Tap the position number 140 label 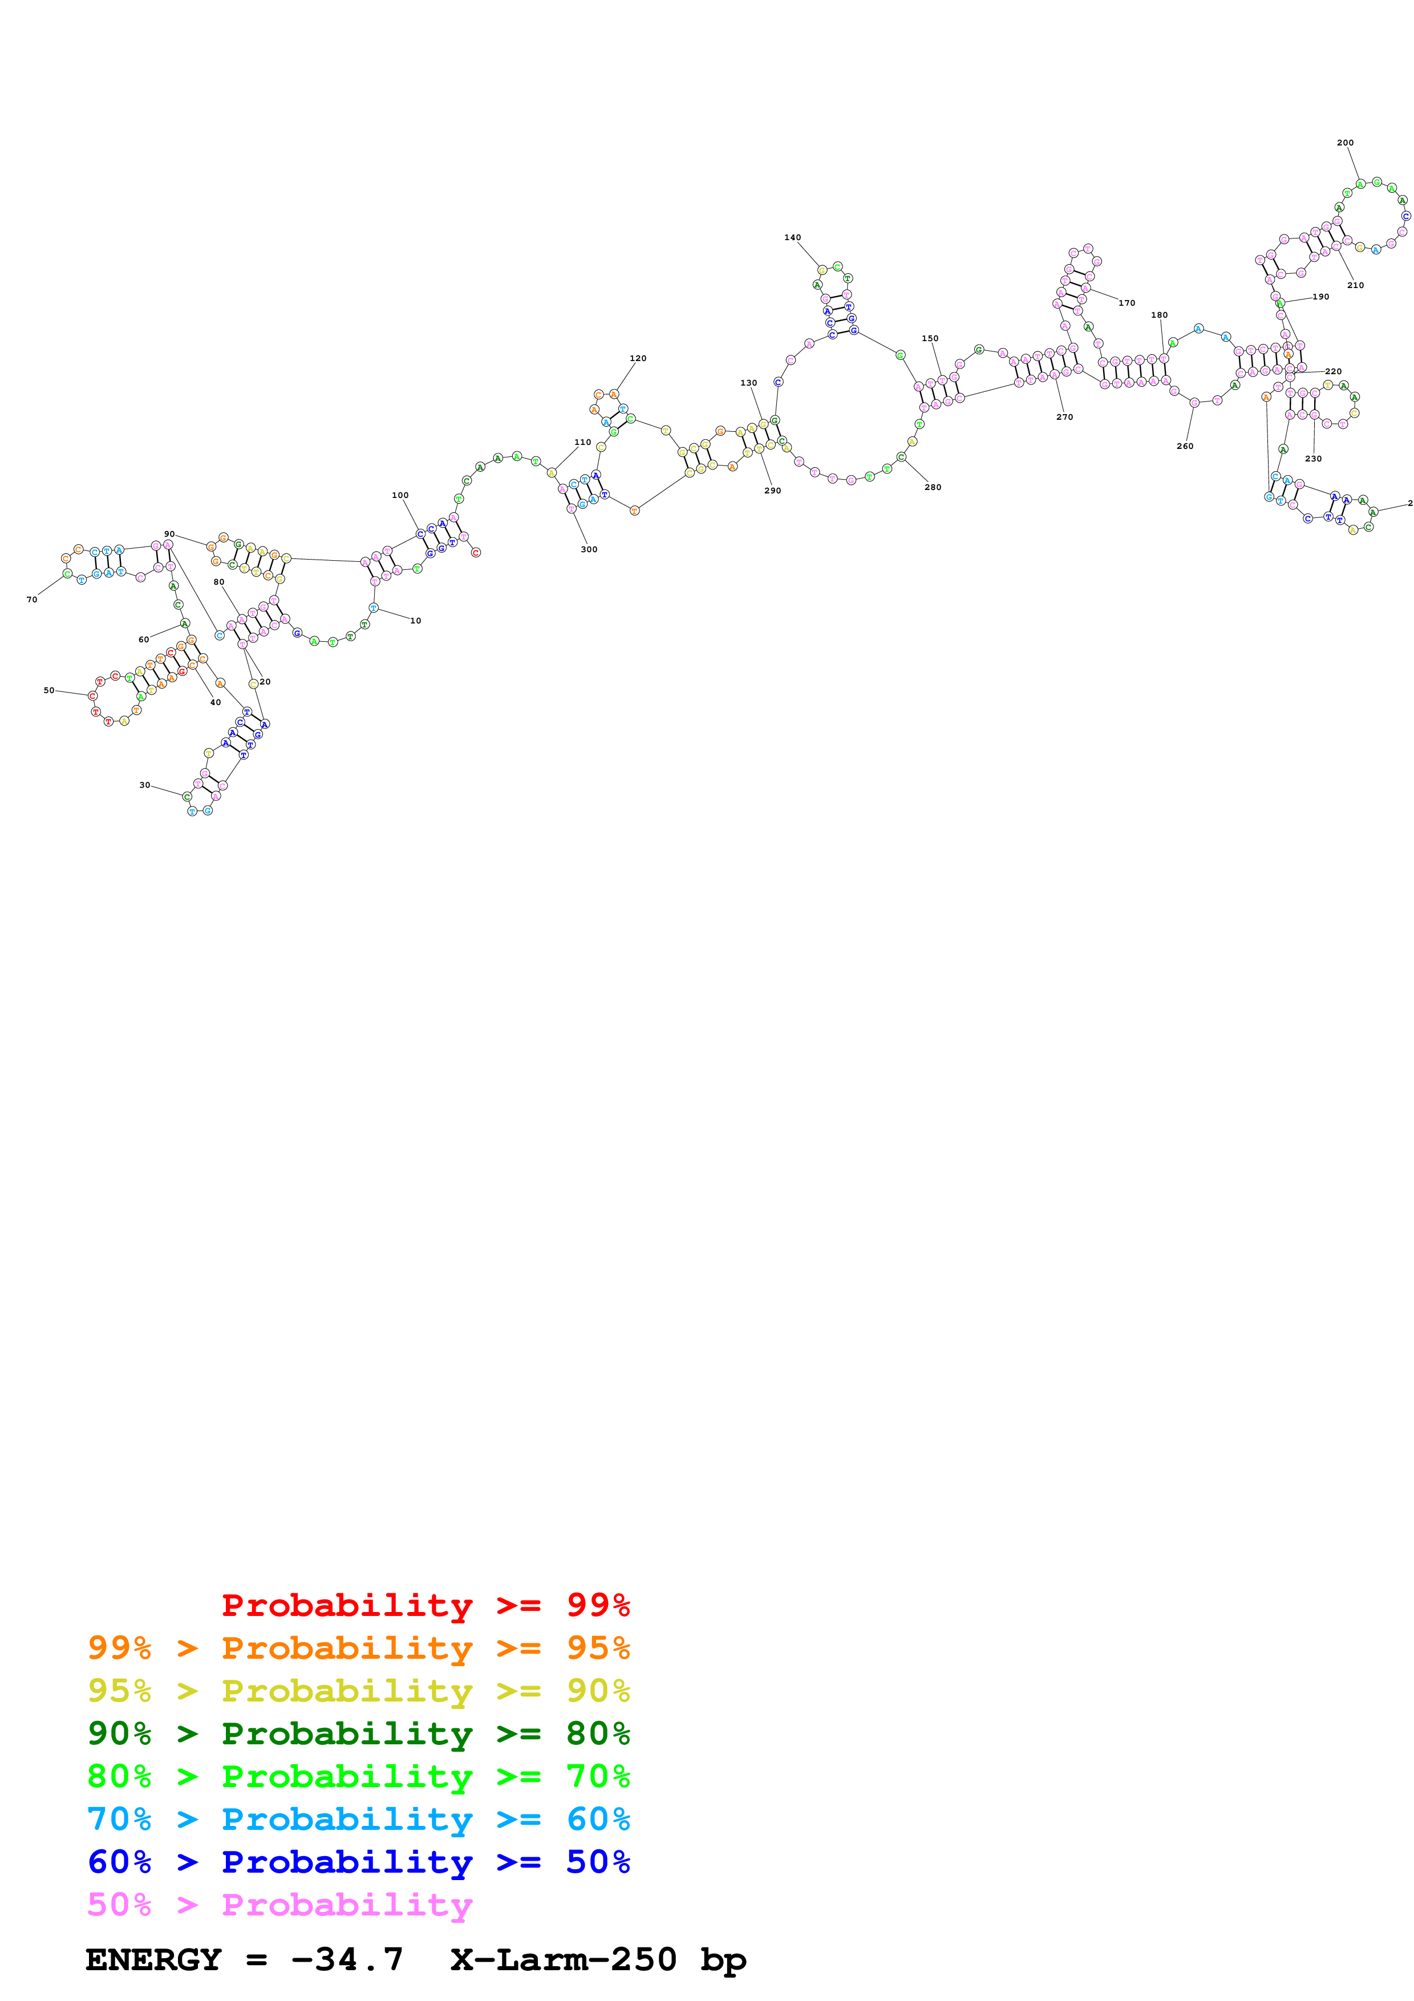tap(792, 238)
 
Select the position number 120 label tap(638, 358)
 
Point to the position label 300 tap(589, 549)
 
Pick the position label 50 tap(49, 690)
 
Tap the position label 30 tap(145, 785)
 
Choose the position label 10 tap(416, 621)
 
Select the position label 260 tap(1185, 446)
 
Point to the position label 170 tap(1127, 303)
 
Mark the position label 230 tap(1313, 459)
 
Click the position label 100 tap(400, 495)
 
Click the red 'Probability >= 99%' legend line tap(425, 1605)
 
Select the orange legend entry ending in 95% tap(358, 1647)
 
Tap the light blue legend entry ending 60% tap(358, 1819)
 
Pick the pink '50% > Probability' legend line tap(279, 1904)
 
